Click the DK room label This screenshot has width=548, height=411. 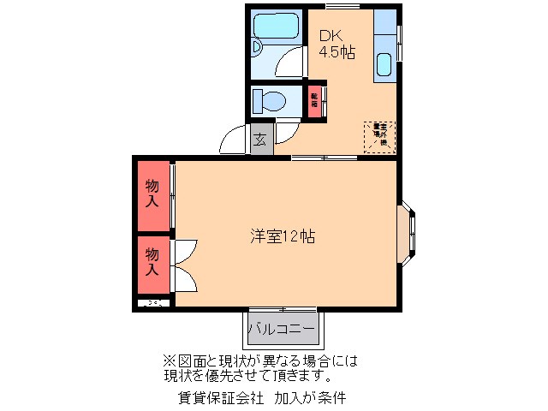331,36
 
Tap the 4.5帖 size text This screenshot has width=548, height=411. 337,52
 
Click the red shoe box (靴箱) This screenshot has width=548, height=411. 315,101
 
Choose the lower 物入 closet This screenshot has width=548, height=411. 152,262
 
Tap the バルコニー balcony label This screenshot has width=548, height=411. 282,328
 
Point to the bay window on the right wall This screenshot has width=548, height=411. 408,229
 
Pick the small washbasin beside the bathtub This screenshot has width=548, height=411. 259,49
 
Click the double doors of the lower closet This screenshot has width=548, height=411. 184,266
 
